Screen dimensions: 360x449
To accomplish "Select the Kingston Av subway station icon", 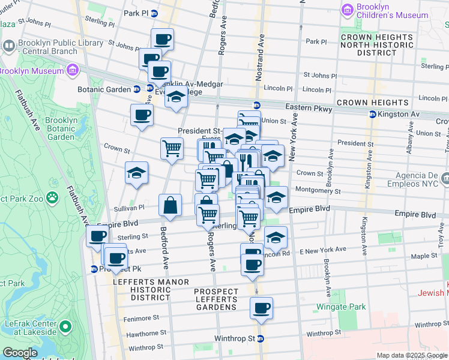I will click(x=373, y=114).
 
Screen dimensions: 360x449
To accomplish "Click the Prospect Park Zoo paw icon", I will click(x=53, y=196).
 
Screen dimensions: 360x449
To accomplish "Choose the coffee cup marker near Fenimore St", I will click(x=261, y=309).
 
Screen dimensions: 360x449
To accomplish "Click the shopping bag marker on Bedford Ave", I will click(x=170, y=206).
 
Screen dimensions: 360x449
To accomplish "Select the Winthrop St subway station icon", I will click(x=261, y=339).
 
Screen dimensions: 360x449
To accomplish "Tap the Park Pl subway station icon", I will click(x=154, y=13).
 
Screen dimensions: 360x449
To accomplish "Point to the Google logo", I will click(x=19, y=353).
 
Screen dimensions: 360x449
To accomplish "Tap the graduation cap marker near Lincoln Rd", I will click(x=275, y=238).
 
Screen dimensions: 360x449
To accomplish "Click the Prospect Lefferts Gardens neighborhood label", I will click(x=215, y=299).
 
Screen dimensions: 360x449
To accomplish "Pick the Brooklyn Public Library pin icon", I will click(x=9, y=46).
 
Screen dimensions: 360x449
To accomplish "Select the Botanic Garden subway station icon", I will click(x=137, y=89).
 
